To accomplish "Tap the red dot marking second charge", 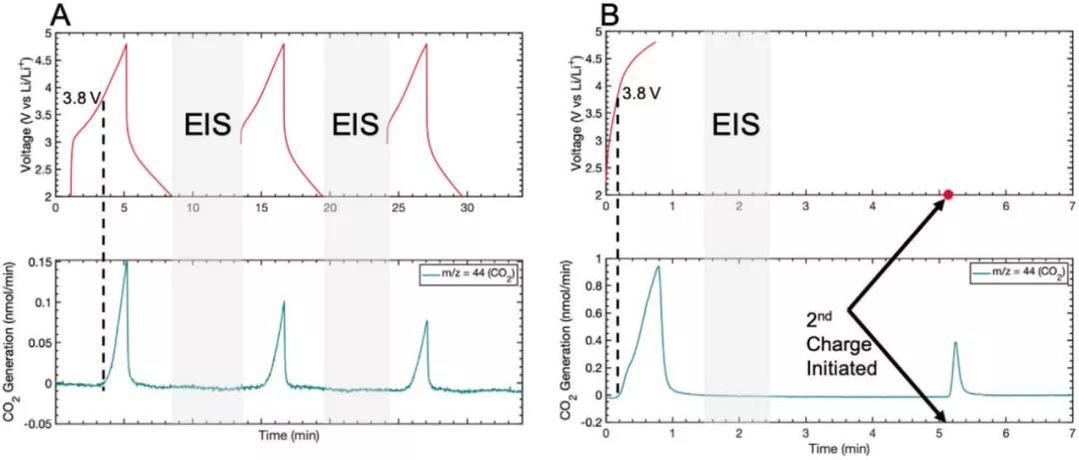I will point(947,195).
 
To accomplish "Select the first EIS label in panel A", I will point(208,126).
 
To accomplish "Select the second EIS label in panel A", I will point(356,126).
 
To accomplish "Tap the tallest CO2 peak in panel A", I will point(126,264).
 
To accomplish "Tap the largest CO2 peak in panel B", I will point(657,268).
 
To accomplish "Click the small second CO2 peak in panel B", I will point(955,344).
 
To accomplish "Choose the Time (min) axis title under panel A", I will point(290,436).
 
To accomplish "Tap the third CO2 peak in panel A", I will point(427,322).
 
